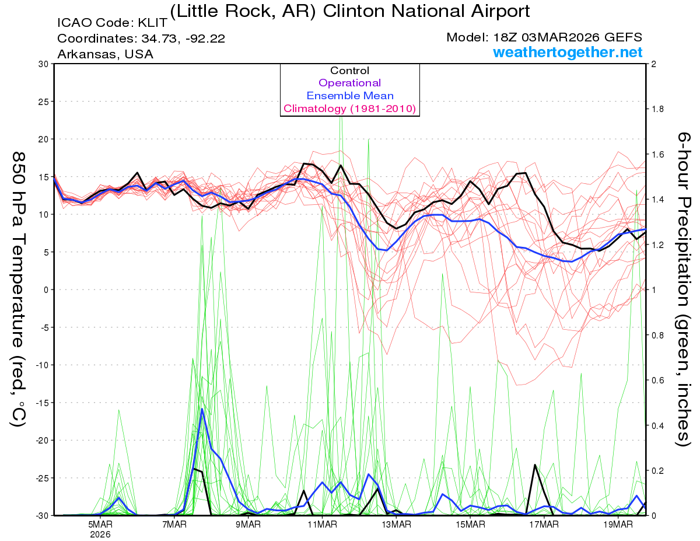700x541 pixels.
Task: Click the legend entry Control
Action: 349,71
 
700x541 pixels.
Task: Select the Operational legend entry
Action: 349,83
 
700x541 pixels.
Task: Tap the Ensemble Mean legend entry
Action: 349,96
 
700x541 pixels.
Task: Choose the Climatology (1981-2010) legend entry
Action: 349,109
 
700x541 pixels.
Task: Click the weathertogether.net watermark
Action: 568,53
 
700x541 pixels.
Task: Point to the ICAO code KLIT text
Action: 113,23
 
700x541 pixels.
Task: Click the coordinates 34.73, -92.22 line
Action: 141,39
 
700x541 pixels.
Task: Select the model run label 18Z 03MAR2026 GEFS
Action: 544,37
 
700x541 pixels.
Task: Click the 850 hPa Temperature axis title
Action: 18,289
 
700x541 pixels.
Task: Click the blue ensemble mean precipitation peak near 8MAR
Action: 202,409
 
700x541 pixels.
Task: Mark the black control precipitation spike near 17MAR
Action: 534,465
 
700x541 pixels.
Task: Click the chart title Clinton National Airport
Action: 350,11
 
